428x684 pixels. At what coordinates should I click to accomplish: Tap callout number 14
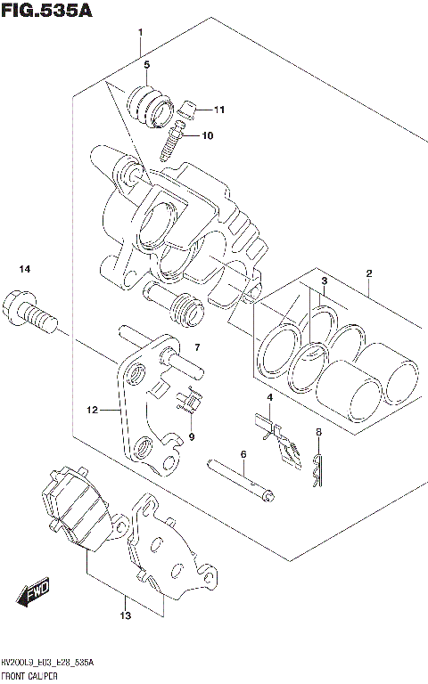(x=25, y=269)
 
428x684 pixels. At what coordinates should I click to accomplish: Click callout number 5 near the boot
(x=147, y=65)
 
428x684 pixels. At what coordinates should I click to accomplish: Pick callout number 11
(x=219, y=110)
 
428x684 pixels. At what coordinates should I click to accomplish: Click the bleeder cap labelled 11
(x=187, y=110)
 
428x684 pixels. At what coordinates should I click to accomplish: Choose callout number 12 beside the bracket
(x=91, y=411)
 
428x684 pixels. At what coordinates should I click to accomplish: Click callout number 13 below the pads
(x=126, y=615)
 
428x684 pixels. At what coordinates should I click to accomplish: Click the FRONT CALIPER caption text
(x=36, y=677)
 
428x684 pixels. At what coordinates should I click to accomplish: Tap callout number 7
(x=198, y=347)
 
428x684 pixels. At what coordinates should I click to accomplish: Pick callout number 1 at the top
(x=141, y=32)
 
